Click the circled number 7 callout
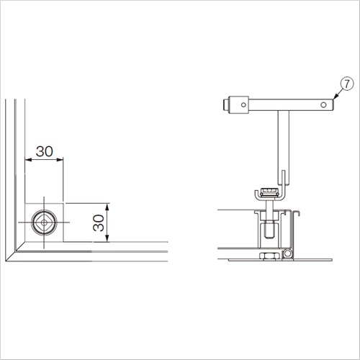coord(347,84)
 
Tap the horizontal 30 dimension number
coord(45,151)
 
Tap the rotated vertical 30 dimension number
coord(99,223)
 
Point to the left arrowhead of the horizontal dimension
coord(28,160)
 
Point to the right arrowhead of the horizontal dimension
coord(60,160)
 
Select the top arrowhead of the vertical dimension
coord(107,207)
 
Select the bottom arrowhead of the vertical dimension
coord(107,238)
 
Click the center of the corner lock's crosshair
coord(44,222)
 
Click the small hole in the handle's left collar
coord(243,104)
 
